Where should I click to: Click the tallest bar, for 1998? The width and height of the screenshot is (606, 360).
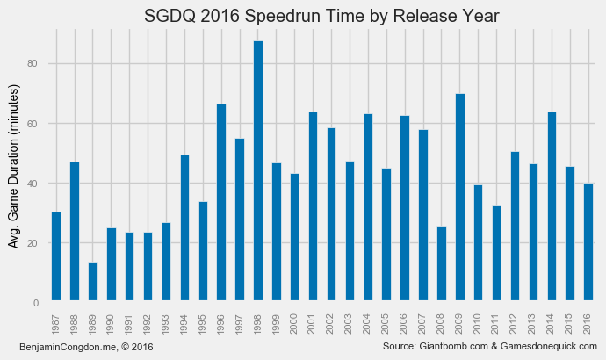tap(258, 171)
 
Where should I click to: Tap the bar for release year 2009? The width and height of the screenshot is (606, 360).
tap(460, 198)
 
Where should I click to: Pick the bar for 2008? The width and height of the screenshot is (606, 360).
tap(442, 264)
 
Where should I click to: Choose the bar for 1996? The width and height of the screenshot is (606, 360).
tap(221, 203)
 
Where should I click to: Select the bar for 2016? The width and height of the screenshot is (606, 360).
tap(588, 243)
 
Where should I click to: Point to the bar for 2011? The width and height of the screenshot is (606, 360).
tap(497, 255)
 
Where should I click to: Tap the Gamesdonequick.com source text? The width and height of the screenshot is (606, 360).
tap(545, 349)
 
